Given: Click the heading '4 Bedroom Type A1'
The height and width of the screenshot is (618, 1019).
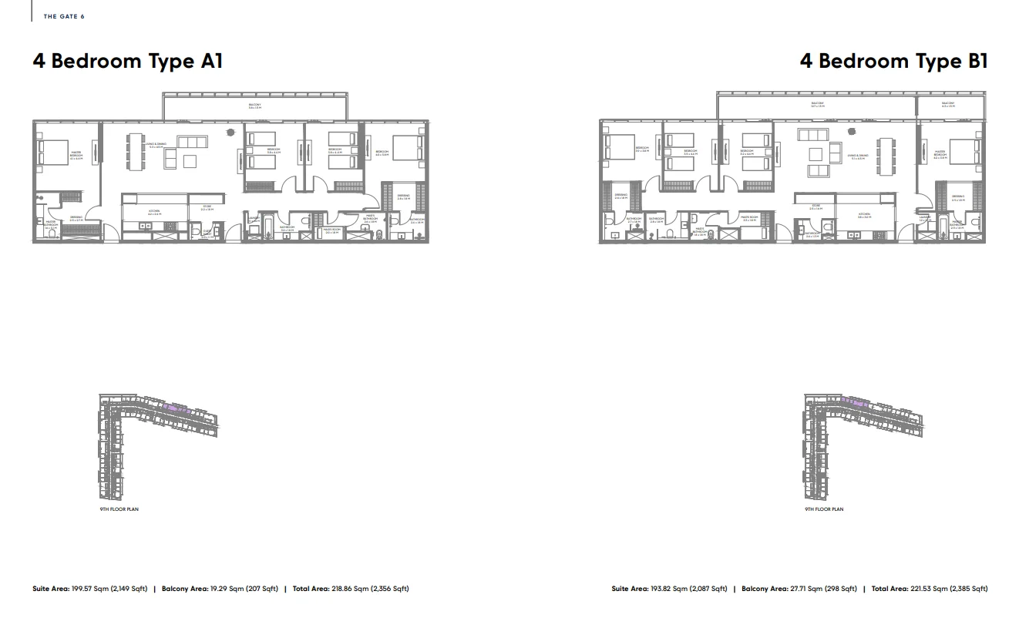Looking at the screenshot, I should click(127, 61).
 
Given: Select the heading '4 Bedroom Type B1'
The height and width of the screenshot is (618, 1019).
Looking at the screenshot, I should click(893, 61).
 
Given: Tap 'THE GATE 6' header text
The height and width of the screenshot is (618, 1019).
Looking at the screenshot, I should click(64, 16).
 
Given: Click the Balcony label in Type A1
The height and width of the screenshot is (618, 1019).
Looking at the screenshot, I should click(255, 106).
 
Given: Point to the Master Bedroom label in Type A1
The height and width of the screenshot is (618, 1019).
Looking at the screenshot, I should click(76, 155).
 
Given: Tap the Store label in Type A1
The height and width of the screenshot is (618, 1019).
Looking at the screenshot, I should click(207, 208).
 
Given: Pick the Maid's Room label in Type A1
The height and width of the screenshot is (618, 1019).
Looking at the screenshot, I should click(332, 230).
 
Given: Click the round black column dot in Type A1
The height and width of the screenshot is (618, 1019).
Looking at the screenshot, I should click(229, 133).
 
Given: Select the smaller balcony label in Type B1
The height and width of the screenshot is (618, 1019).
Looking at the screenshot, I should click(948, 104).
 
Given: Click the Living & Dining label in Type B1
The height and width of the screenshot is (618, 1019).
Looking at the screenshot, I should click(859, 156).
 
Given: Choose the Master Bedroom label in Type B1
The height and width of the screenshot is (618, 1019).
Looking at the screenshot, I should click(940, 154).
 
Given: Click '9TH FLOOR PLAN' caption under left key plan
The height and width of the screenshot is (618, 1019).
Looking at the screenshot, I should click(119, 509).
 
